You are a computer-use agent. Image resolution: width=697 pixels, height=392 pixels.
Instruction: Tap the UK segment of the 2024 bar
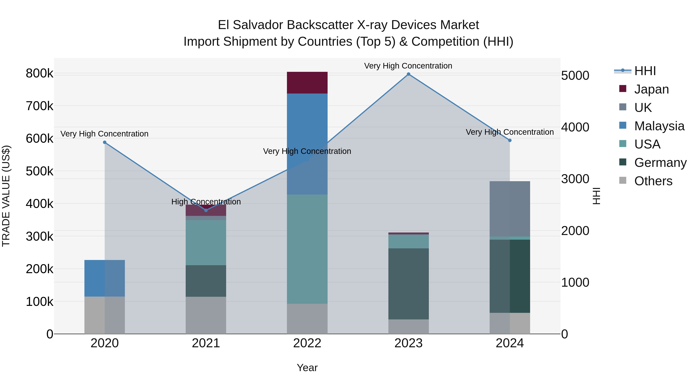tap(510, 209)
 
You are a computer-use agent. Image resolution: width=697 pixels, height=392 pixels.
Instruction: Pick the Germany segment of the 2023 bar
tap(408, 284)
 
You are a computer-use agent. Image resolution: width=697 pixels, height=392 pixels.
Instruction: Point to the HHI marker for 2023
tap(409, 74)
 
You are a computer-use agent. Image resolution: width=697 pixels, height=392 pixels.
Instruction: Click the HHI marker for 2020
tap(105, 142)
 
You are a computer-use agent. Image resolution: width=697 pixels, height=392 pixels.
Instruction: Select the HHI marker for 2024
tap(510, 140)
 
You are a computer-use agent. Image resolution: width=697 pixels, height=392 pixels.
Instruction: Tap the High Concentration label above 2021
tap(206, 202)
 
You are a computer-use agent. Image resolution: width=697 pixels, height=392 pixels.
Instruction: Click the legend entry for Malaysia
tap(659, 126)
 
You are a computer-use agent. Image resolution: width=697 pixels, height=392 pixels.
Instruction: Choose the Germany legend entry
tap(660, 163)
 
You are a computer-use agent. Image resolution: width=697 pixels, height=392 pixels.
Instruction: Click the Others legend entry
tap(653, 181)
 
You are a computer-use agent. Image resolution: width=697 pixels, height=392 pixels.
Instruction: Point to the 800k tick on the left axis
tap(39, 73)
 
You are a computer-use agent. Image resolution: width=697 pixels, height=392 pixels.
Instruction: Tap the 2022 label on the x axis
tap(307, 343)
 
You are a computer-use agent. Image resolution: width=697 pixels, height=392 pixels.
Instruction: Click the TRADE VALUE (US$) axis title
tap(6, 196)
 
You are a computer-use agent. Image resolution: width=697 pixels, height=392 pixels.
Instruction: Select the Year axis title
tap(307, 368)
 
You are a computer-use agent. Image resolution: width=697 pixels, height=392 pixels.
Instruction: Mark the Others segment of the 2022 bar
tap(307, 319)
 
